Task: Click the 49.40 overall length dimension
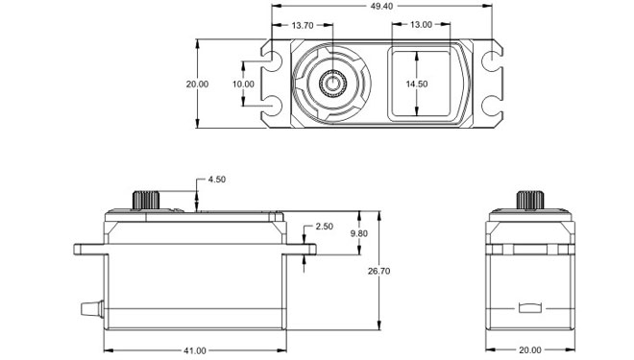(x=381, y=6)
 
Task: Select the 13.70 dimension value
(x=303, y=26)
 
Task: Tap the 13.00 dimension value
(x=421, y=25)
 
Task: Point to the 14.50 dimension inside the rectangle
(x=417, y=84)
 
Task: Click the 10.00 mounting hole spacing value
(x=243, y=84)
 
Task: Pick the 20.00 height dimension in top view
(x=197, y=84)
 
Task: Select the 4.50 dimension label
(x=217, y=180)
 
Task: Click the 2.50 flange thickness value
(x=325, y=227)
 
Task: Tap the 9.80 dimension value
(x=359, y=233)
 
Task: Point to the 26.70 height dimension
(x=378, y=271)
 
